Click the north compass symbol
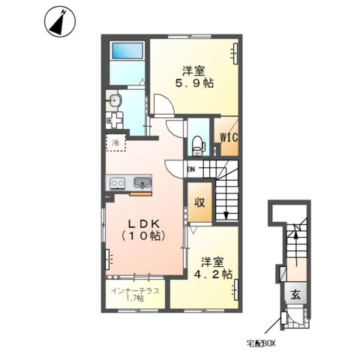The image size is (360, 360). click(60, 22)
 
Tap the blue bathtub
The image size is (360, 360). click(127, 51)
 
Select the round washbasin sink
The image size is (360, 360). click(115, 100)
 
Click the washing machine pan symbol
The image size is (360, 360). click(114, 120)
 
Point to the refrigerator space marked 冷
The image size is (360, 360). click(115, 142)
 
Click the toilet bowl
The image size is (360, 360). click(199, 145)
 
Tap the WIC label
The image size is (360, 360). click(229, 137)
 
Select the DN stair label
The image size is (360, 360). click(191, 169)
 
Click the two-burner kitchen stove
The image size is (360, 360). click(118, 183)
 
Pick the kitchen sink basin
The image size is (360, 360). click(142, 182)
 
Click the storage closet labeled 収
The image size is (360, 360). click(199, 202)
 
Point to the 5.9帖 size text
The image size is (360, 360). click(194, 83)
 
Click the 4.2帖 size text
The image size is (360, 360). click(214, 274)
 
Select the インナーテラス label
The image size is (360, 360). click(135, 291)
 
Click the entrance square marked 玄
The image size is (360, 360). click(295, 295)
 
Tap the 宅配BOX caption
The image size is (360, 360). click(261, 344)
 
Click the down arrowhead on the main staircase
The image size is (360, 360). click(226, 215)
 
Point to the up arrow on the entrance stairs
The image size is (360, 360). click(295, 248)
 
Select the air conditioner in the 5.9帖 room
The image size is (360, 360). click(235, 53)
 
